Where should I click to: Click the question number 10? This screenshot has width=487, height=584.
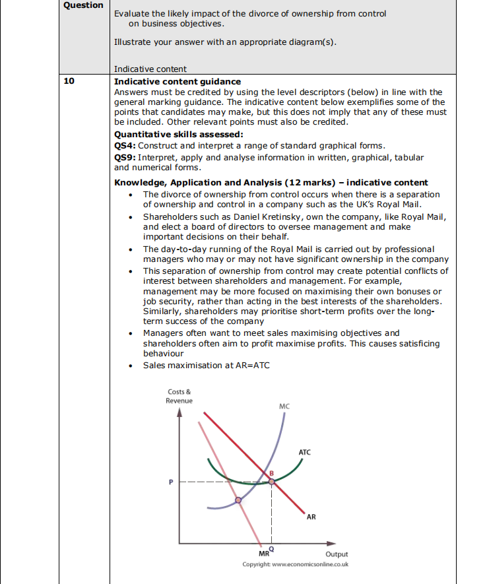69,82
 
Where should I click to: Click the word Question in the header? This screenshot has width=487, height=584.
83,5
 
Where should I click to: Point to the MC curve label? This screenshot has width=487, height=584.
284,406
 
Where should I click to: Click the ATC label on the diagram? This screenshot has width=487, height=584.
304,452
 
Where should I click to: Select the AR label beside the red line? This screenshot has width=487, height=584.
311,517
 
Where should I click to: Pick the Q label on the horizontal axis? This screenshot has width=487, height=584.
271,549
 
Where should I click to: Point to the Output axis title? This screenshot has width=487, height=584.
337,554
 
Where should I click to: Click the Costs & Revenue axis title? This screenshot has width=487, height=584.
179,396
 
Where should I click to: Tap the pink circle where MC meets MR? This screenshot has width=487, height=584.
239,500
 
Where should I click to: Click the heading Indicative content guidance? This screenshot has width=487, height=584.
178,82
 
